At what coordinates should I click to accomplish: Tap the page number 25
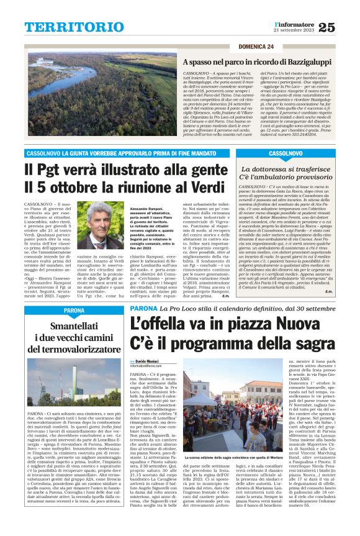click(326, 26)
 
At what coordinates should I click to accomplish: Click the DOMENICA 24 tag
click(255, 47)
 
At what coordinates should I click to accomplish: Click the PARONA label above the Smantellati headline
click(39, 292)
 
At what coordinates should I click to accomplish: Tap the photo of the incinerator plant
click(74, 377)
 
